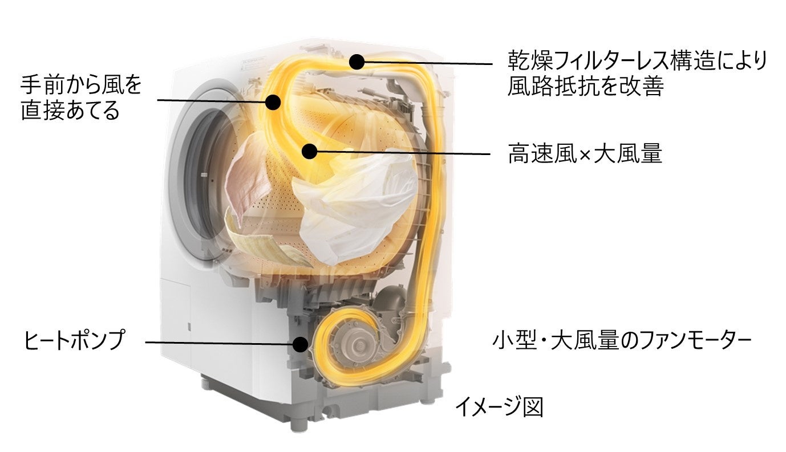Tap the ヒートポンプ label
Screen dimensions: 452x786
click(74, 341)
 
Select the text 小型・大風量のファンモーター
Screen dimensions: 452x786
click(621, 341)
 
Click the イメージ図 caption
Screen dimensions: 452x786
click(499, 407)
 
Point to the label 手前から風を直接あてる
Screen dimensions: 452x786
click(80, 97)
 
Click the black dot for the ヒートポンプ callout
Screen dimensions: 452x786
click(300, 344)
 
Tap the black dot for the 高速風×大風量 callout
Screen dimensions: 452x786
click(309, 151)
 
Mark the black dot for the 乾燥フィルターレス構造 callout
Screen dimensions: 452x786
click(357, 62)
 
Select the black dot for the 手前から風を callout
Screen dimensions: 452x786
click(273, 103)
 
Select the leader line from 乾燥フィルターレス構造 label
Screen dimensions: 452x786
click(428, 63)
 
